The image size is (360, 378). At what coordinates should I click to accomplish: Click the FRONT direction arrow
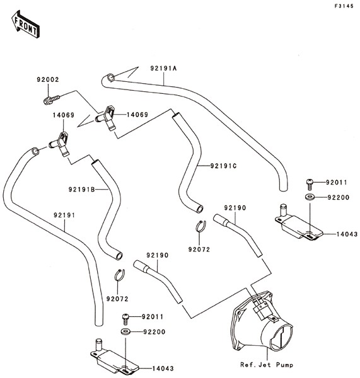pyautogui.click(x=26, y=24)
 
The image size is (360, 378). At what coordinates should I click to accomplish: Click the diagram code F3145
pyautogui.click(x=344, y=6)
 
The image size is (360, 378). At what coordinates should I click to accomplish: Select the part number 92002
pyautogui.click(x=48, y=79)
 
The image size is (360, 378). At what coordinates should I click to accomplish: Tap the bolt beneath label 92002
pyautogui.click(x=52, y=100)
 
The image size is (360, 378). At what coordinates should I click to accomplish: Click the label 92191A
pyautogui.click(x=163, y=69)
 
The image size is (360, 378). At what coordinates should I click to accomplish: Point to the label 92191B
pyautogui.click(x=82, y=190)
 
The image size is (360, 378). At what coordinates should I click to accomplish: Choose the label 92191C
pyautogui.click(x=223, y=166)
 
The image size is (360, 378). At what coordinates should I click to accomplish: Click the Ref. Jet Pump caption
pyautogui.click(x=267, y=365)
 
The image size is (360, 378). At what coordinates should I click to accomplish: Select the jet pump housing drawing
pyautogui.click(x=262, y=323)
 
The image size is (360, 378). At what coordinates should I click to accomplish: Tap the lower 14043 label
pyautogui.click(x=163, y=369)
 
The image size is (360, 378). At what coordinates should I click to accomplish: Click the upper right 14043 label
pyautogui.click(x=347, y=234)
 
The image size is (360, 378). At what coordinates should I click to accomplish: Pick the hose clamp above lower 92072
pyautogui.click(x=120, y=275)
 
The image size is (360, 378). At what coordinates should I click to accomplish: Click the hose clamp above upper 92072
pyautogui.click(x=201, y=227)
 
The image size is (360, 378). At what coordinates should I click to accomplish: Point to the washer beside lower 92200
pyautogui.click(x=125, y=331)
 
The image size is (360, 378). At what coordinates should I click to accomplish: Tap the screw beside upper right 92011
pyautogui.click(x=310, y=184)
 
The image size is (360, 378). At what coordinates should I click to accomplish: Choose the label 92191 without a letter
pyautogui.click(x=64, y=215)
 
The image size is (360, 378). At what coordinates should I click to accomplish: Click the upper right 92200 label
pyautogui.click(x=339, y=197)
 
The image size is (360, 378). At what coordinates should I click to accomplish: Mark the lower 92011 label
pyautogui.click(x=153, y=317)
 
